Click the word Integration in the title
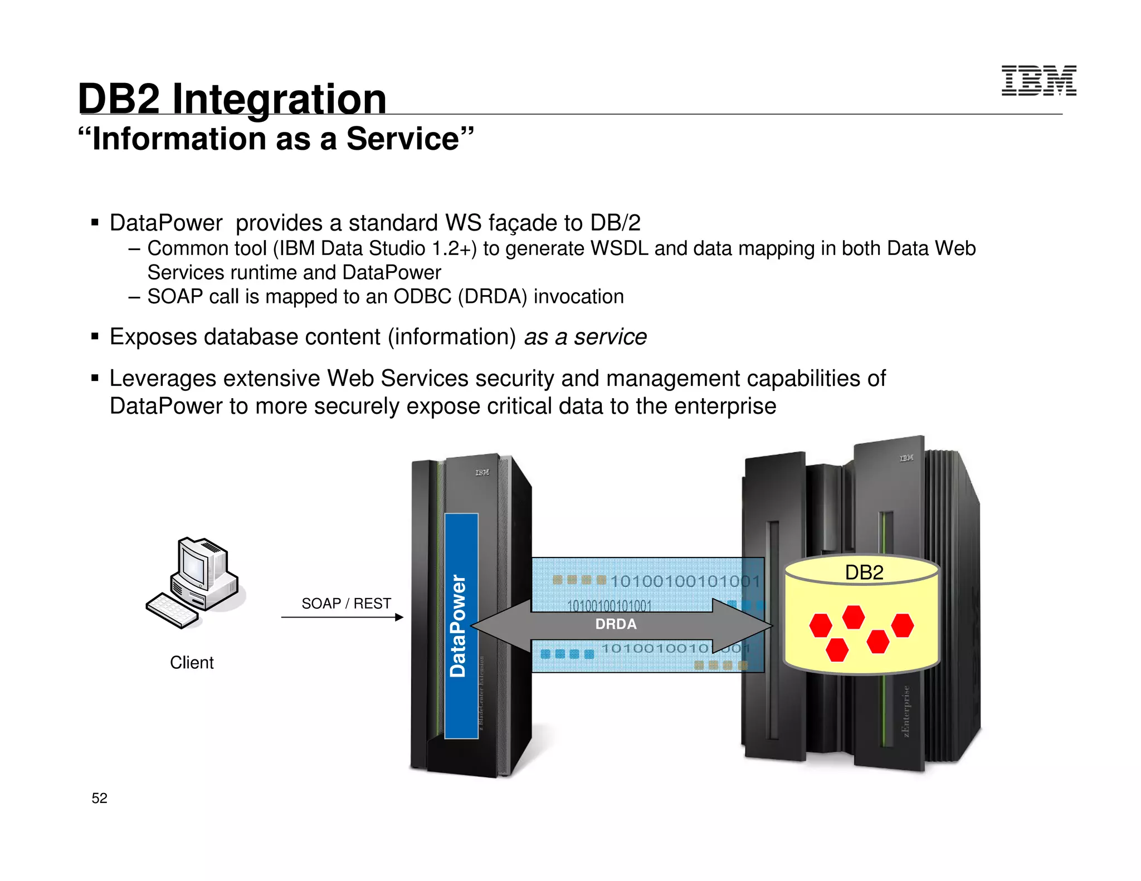pos(279,99)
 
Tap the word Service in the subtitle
pos(402,139)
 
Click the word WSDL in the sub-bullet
pos(619,248)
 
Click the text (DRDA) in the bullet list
pos(493,297)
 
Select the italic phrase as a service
pos(585,337)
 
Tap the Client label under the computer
pos(192,663)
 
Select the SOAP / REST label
pos(346,604)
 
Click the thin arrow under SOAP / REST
pos(342,617)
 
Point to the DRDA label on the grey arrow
pos(616,624)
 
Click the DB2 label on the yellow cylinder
pos(864,572)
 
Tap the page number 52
pos(99,798)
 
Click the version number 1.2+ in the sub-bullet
pos(454,248)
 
